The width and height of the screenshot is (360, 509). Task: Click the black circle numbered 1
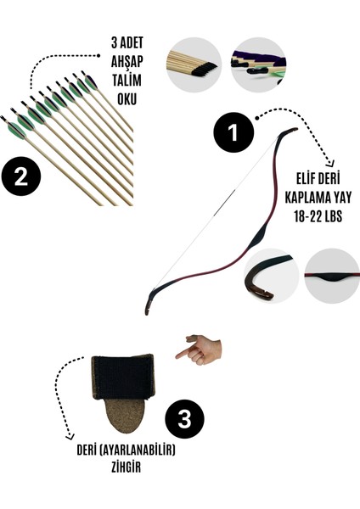click(234, 133)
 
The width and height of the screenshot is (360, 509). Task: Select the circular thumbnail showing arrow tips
click(194, 64)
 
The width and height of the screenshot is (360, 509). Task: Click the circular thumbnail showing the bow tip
click(270, 277)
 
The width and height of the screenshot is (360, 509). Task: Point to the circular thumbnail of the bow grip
click(332, 277)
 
